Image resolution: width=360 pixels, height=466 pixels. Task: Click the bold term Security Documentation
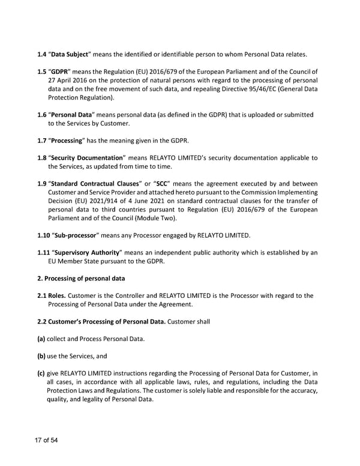86,157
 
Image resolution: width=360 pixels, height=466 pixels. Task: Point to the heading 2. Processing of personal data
89,278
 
